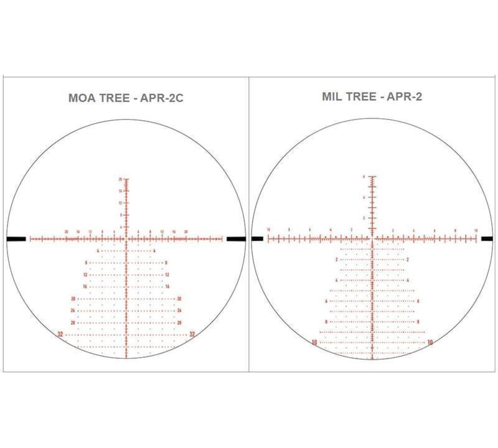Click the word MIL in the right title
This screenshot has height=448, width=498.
tap(334, 96)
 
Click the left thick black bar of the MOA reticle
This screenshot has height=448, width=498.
tap(17, 238)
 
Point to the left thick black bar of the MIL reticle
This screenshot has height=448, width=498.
tap(257, 238)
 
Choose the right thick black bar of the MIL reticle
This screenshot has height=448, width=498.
tap(486, 238)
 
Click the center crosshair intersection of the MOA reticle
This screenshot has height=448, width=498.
tap(127, 238)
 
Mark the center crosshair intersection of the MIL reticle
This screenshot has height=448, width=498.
tap(372, 238)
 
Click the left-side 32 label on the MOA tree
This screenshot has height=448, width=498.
tap(60, 335)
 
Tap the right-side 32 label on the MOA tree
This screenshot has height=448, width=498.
tap(192, 335)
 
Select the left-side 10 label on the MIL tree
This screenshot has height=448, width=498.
tap(315, 342)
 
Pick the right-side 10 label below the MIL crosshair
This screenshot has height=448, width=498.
tap(430, 342)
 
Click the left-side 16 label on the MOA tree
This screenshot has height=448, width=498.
tap(85, 287)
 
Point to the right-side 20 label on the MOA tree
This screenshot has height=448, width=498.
tap(179, 299)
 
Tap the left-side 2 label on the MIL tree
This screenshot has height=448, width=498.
tap(337, 259)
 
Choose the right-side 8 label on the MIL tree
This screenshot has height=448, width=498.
tap(418, 322)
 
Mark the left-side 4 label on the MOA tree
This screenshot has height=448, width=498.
tap(98, 251)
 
